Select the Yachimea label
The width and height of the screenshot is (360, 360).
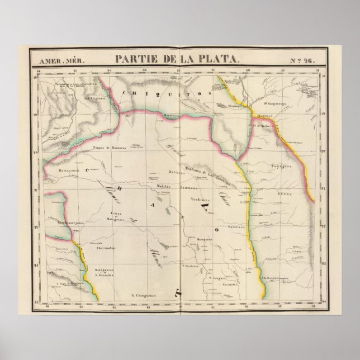[x=200, y=200]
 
